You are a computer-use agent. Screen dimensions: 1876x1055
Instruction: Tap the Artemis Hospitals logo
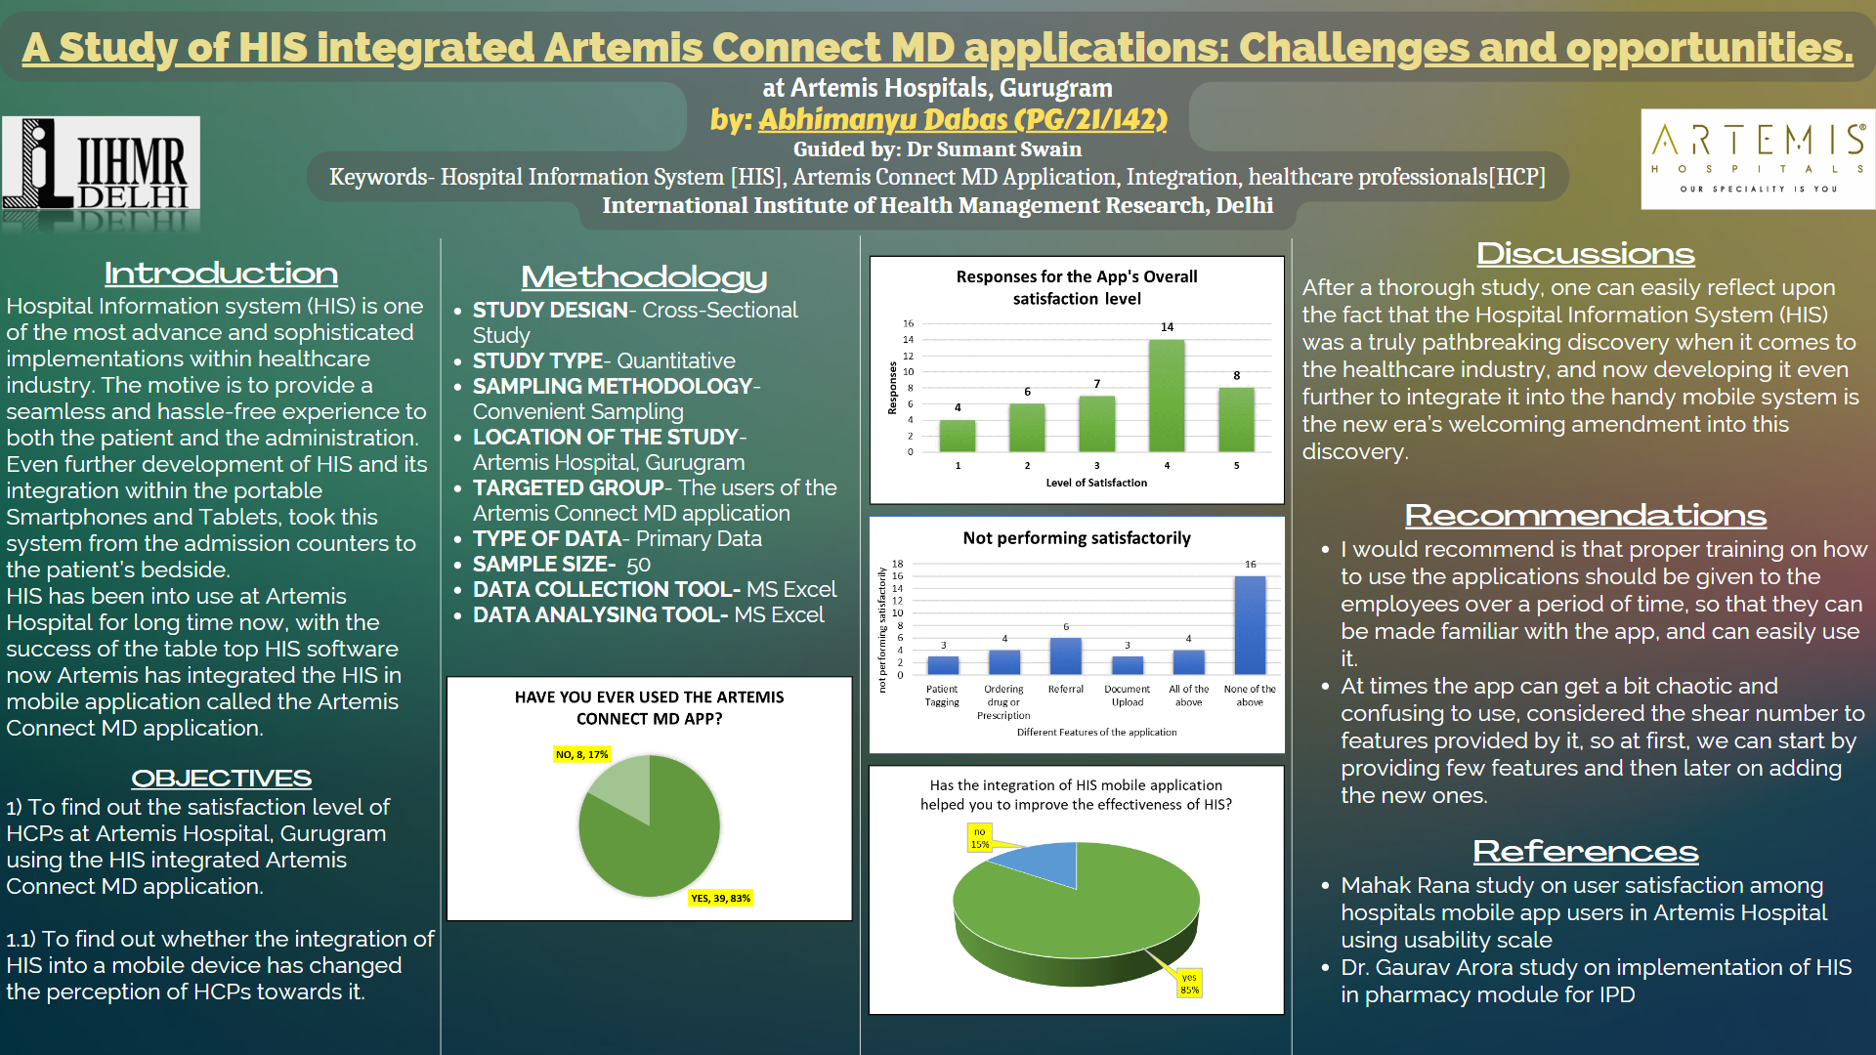tap(1758, 158)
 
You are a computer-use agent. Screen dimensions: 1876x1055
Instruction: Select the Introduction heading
tap(221, 274)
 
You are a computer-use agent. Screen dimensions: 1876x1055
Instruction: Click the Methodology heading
tap(644, 277)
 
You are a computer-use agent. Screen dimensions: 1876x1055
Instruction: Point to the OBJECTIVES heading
tap(221, 779)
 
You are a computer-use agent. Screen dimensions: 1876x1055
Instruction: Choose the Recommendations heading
tap(1585, 515)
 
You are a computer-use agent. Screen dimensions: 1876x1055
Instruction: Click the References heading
tap(1585, 851)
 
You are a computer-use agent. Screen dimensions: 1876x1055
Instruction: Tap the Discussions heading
tap(1585, 254)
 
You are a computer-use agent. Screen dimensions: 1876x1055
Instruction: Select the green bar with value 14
tap(1167, 396)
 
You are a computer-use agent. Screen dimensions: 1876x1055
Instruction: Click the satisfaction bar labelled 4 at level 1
tap(958, 436)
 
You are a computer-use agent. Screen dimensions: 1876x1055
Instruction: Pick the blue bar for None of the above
tap(1250, 625)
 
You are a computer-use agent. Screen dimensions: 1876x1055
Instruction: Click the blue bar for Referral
tap(1066, 656)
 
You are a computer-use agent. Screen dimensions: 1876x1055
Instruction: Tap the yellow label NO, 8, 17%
tap(581, 754)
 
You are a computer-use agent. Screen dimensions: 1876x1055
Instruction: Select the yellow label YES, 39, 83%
tap(721, 898)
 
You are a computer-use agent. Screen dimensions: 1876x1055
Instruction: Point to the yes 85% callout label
tap(1189, 984)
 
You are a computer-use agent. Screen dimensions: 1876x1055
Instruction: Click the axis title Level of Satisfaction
tap(1096, 483)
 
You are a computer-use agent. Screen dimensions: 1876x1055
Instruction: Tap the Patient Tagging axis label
tap(942, 696)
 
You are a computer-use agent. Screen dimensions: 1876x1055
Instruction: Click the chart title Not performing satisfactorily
tap(1077, 538)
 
